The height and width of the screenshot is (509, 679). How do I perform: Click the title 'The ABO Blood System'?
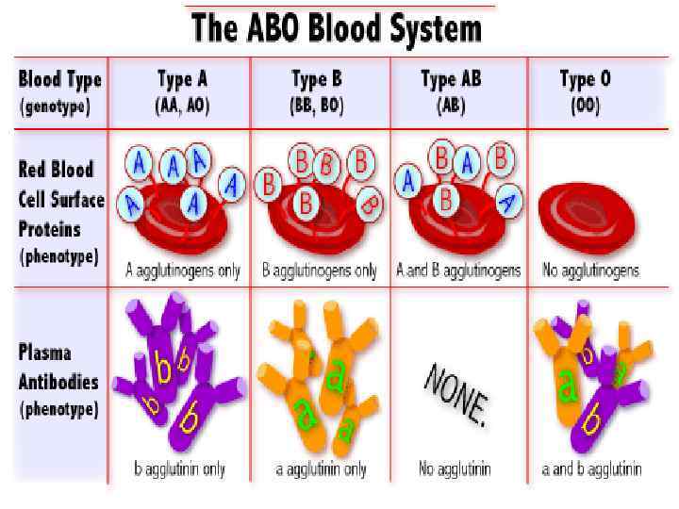click(337, 29)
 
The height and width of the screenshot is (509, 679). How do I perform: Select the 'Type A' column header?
click(181, 79)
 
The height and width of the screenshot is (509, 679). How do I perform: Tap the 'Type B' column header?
click(316, 79)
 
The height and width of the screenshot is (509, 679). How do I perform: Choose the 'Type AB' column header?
click(451, 79)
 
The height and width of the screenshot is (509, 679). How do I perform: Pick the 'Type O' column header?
click(585, 79)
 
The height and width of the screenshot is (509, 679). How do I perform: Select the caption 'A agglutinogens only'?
click(183, 271)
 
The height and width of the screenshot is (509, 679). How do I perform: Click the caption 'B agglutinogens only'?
click(319, 271)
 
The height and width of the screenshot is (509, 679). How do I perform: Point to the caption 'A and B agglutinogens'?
click(458, 271)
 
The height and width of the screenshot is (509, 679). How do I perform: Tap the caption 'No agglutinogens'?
click(590, 271)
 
